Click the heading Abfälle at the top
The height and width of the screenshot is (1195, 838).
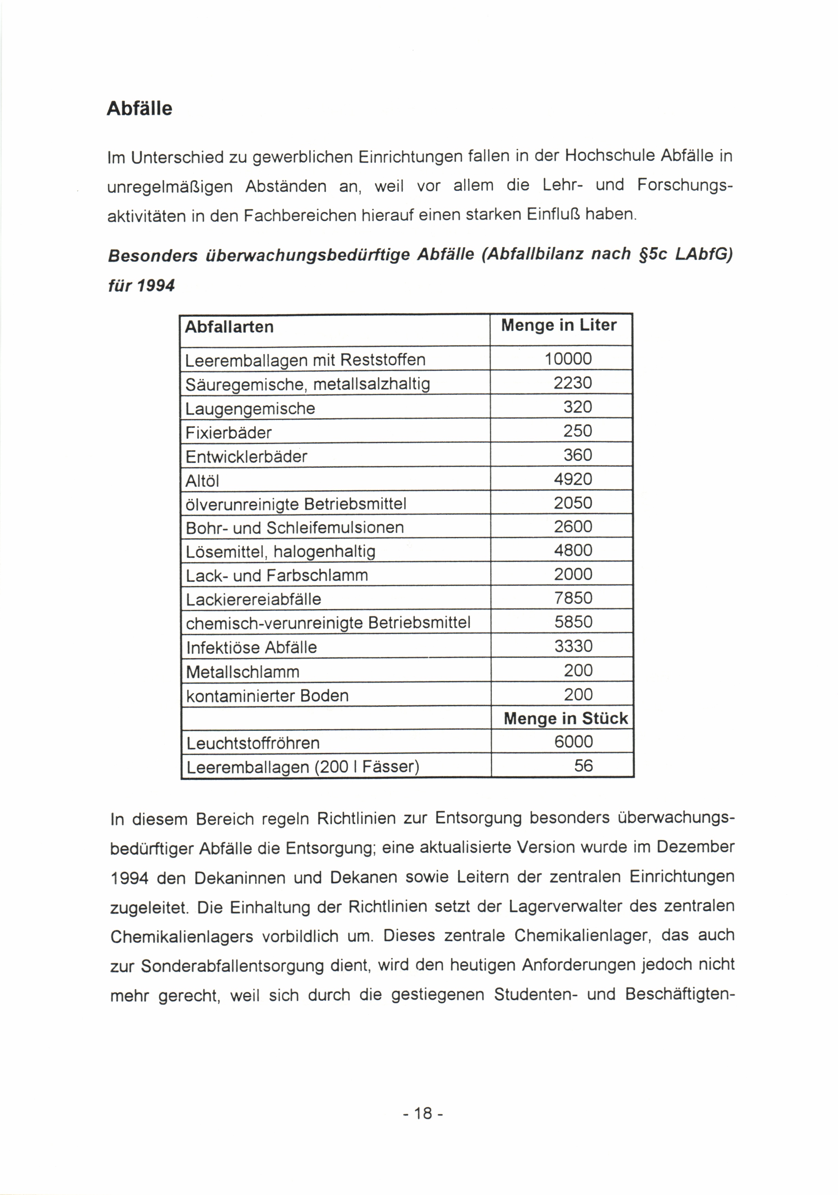tap(139, 108)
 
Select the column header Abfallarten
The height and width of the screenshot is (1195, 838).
tap(229, 327)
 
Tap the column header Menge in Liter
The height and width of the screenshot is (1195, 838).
tap(558, 325)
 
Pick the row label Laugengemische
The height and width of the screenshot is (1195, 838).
tap(250, 408)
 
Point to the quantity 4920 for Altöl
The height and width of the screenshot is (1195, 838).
tap(573, 479)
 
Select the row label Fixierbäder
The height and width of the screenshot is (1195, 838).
tap(229, 433)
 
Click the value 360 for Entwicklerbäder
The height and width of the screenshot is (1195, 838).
tap(578, 455)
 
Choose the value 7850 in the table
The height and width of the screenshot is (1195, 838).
tap(573, 598)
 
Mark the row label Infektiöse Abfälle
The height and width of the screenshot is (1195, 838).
tap(251, 647)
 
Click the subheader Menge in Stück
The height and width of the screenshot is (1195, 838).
tap(566, 719)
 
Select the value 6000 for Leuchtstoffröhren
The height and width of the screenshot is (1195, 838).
tap(573, 742)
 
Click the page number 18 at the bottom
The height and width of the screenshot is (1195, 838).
tap(423, 1113)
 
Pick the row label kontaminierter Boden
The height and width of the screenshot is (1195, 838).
tap(267, 696)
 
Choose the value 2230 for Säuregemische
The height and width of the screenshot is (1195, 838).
tap(573, 383)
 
